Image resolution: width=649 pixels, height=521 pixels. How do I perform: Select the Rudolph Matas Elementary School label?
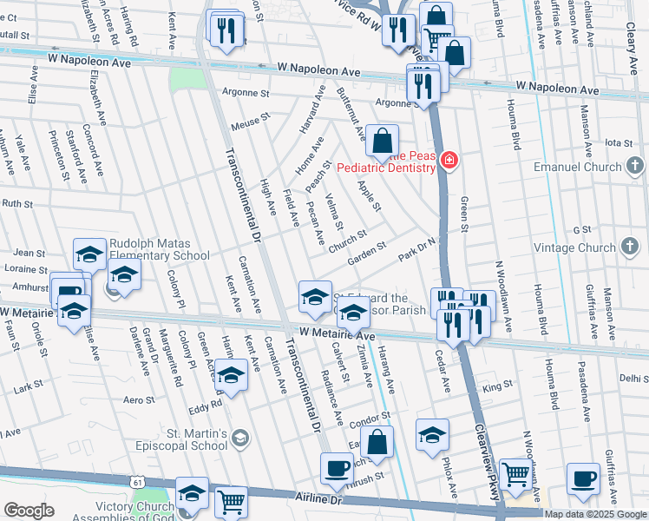(x=159, y=249)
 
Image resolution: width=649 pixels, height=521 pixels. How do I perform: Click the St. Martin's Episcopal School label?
(x=196, y=439)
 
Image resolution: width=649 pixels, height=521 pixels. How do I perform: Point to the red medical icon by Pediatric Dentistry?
(x=449, y=160)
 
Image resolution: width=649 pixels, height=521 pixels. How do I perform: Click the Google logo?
(x=29, y=511)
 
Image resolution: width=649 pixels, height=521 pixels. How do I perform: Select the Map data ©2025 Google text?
(x=595, y=514)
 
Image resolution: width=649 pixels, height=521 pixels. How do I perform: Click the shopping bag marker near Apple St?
(x=382, y=140)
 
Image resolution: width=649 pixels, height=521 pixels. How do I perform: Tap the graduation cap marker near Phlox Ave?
(x=432, y=436)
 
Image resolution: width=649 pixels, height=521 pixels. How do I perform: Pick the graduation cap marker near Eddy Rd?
(x=231, y=375)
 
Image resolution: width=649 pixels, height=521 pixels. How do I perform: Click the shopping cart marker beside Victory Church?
(x=231, y=501)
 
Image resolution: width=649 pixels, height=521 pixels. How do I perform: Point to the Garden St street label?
(x=367, y=253)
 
